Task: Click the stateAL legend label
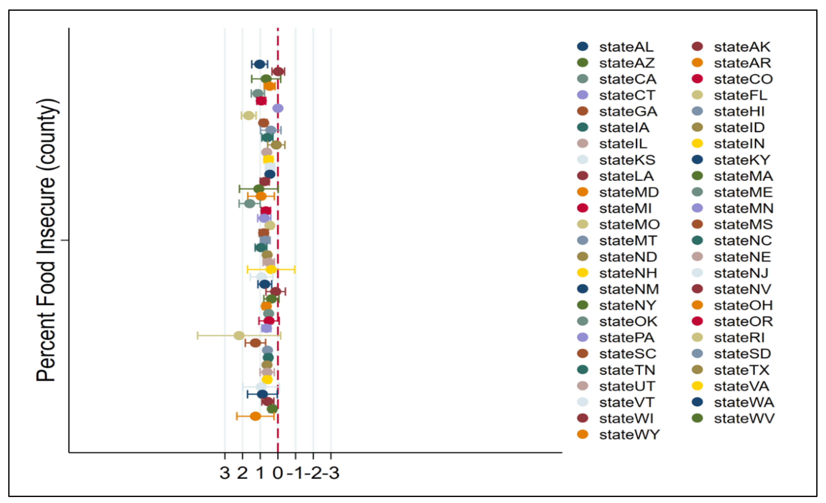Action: coord(626,47)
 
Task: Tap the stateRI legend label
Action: coord(739,338)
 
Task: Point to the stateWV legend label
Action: coord(744,418)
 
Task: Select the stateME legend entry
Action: coord(743,192)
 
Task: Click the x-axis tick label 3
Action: coord(224,473)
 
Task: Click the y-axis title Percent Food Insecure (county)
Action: coord(46,240)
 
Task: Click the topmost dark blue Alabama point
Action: coord(259,64)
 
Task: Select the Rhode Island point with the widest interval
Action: coord(239,335)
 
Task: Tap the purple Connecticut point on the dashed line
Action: coord(278,108)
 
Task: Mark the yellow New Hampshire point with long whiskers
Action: coord(271,269)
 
